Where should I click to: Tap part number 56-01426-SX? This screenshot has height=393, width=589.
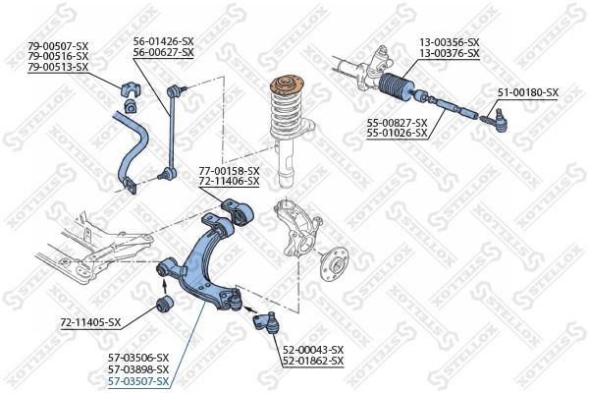point(164,41)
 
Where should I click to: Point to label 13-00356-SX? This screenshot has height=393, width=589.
point(450,41)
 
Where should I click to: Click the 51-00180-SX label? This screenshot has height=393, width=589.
point(527,92)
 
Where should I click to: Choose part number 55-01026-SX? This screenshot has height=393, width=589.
point(397,132)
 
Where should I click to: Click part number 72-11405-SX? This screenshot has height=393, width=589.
point(90,321)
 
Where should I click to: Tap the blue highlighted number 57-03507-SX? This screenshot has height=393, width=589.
point(139,380)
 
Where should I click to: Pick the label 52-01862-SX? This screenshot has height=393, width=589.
point(313,362)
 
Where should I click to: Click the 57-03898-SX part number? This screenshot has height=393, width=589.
point(139,368)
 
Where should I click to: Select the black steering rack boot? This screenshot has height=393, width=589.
point(402,91)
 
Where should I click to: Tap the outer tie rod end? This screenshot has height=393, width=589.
point(496,121)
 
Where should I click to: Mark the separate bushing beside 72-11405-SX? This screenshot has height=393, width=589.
point(166,302)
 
